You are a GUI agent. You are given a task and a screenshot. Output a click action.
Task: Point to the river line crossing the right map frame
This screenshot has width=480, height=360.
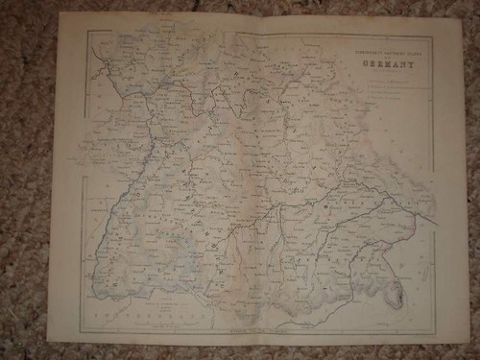click(434, 223)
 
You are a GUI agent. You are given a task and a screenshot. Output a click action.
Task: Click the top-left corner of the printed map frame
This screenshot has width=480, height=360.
click(85, 30)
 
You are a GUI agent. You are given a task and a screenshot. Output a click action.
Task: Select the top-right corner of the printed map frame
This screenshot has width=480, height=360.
click(433, 37)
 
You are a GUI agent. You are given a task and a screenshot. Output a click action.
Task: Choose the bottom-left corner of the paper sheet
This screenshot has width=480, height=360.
click(47, 342)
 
